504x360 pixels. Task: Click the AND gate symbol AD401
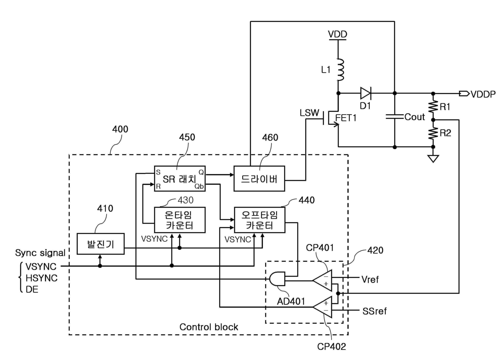click(x=277, y=279)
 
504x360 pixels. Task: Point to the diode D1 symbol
click(x=366, y=93)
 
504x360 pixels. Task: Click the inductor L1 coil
click(x=340, y=70)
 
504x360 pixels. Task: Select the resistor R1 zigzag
click(x=433, y=106)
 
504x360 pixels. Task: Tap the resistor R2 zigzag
click(x=433, y=133)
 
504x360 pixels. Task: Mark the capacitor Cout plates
click(x=395, y=117)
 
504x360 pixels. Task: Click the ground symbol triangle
click(x=433, y=159)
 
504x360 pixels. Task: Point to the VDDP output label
click(x=483, y=94)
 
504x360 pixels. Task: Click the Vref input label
click(x=370, y=280)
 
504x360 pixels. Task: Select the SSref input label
click(x=374, y=311)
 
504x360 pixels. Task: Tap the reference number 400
click(x=120, y=129)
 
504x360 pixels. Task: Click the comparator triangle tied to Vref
click(x=322, y=280)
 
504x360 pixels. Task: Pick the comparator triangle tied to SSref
click(x=322, y=307)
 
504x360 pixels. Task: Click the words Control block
click(x=209, y=327)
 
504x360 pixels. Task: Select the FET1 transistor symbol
click(x=331, y=118)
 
